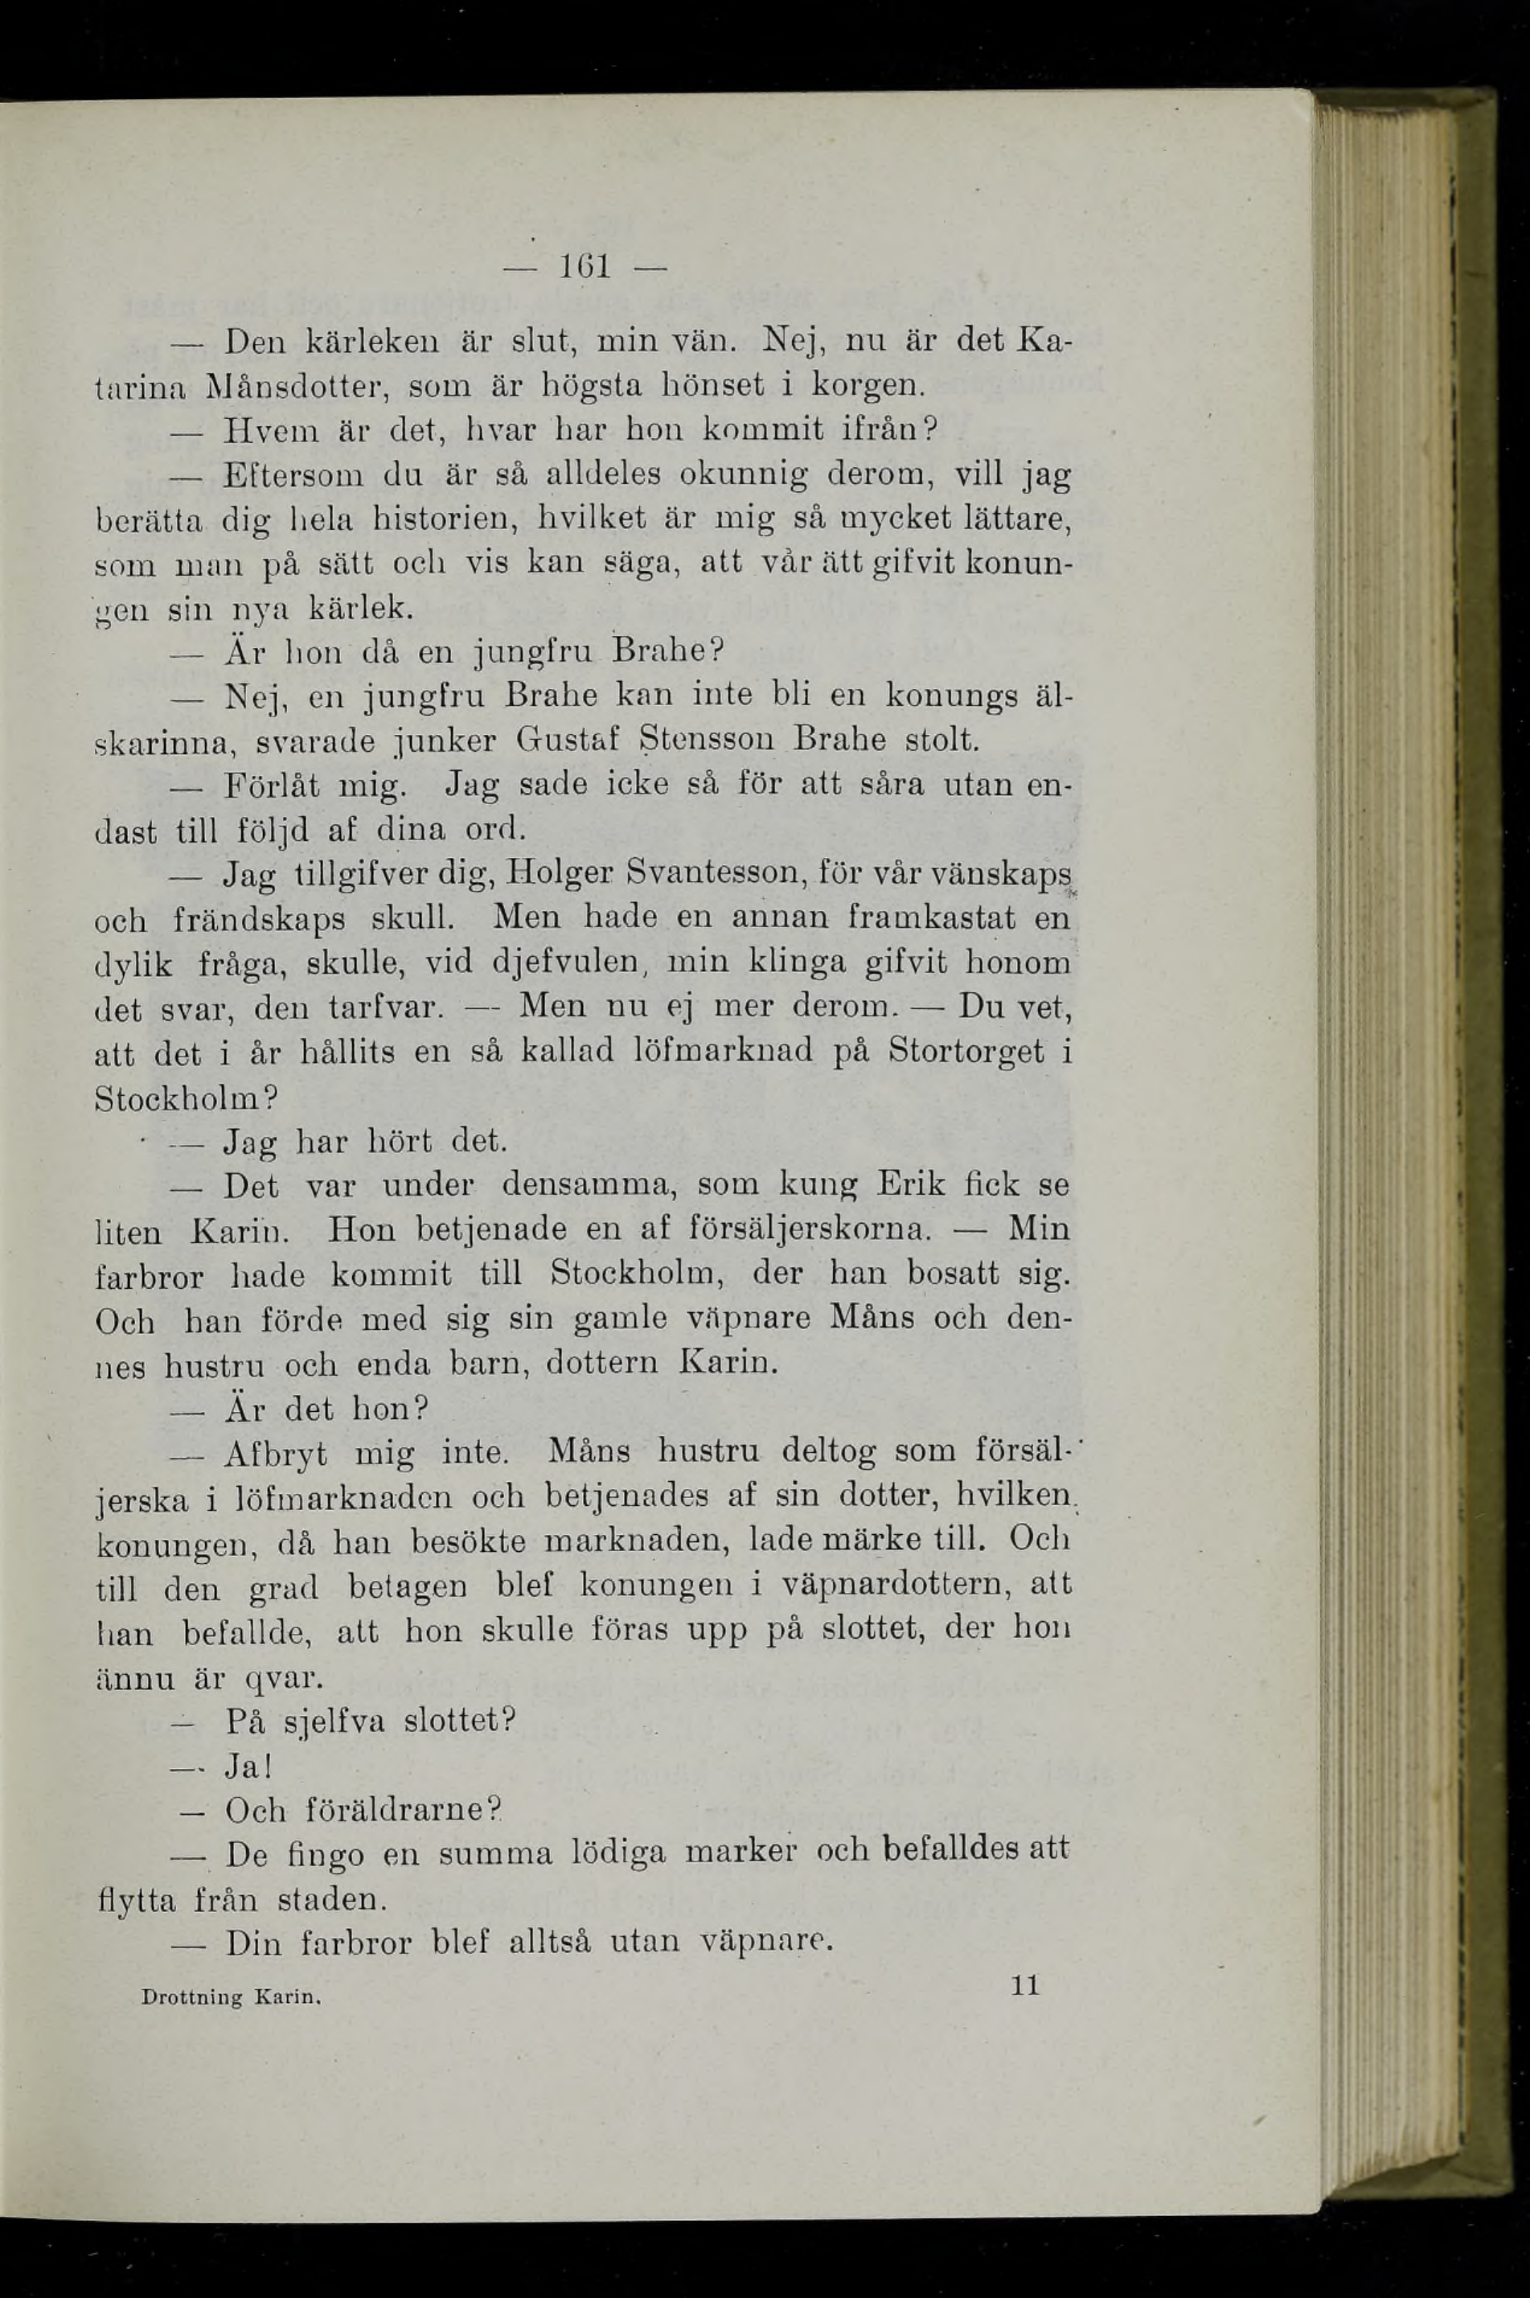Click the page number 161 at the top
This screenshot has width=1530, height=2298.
point(584,266)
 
